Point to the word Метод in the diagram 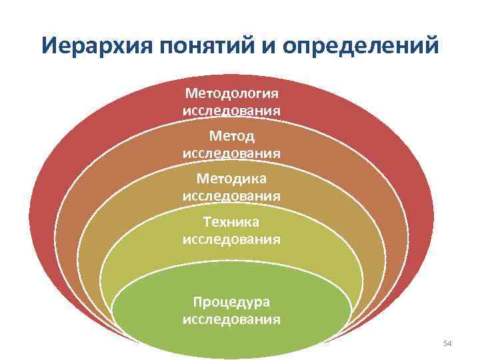pos(231,137)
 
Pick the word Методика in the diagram pos(231,179)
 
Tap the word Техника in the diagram pos(231,221)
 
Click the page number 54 pos(447,343)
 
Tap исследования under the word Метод pos(231,153)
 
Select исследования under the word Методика pos(231,195)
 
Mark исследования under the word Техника pos(231,238)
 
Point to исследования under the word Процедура pos(231,319)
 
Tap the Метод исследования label pos(231,145)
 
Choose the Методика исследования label pos(231,187)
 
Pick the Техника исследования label pos(231,230)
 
